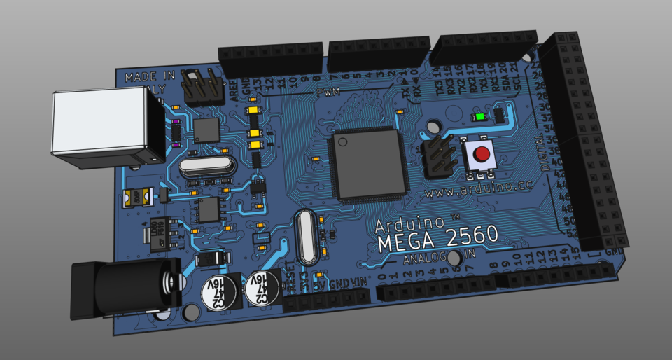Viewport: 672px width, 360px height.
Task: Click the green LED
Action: click(481, 117)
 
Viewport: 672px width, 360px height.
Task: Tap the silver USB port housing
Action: click(105, 130)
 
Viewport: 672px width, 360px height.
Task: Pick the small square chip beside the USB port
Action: click(206, 130)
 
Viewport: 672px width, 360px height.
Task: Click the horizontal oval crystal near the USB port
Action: click(205, 167)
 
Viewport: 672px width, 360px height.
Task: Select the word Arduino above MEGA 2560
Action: click(409, 223)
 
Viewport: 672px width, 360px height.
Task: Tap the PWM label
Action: click(328, 92)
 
